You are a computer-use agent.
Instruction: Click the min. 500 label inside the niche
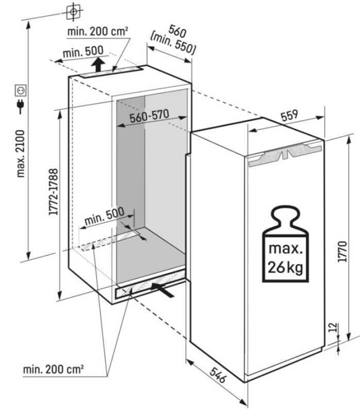[105, 217]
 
